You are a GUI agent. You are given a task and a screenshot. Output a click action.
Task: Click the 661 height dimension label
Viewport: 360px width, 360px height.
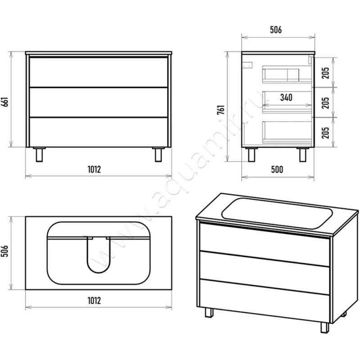(x=5, y=102)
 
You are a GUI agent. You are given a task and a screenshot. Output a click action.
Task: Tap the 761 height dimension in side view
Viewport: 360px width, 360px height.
(x=221, y=110)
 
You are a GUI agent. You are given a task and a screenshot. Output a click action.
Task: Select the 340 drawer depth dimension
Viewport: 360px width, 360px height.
(x=286, y=98)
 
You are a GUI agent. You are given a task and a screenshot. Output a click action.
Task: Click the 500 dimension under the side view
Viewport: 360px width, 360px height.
(x=277, y=170)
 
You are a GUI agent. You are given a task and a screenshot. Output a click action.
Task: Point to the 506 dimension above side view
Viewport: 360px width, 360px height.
(x=276, y=30)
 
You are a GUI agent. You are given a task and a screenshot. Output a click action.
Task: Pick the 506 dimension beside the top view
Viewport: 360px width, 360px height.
(x=5, y=251)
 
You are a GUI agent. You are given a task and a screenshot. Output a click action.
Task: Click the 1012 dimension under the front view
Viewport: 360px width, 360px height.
(x=94, y=170)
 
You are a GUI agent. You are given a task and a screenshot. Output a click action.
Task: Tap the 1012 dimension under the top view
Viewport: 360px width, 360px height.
(x=94, y=301)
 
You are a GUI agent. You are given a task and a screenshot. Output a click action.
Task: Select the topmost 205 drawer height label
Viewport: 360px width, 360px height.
(x=325, y=73)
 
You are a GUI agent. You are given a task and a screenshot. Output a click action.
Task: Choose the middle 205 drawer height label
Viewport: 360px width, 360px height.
(x=325, y=103)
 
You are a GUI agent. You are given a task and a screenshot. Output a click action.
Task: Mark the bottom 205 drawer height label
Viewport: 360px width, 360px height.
(x=325, y=133)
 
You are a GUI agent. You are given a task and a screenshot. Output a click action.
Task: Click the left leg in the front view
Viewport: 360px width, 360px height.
(x=39, y=154)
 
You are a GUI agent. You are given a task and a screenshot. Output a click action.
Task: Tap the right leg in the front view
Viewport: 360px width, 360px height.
(x=158, y=154)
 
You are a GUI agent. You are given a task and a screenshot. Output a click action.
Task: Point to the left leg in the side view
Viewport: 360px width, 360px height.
(x=252, y=154)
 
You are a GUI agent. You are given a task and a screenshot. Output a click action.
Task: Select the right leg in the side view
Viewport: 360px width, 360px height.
(x=303, y=154)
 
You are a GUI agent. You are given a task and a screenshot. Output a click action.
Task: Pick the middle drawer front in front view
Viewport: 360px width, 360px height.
(x=99, y=102)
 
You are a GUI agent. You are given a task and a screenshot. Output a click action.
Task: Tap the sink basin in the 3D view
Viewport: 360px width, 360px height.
(x=277, y=213)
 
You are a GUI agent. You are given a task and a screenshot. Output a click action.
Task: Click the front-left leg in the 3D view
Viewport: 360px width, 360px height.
(x=209, y=312)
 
